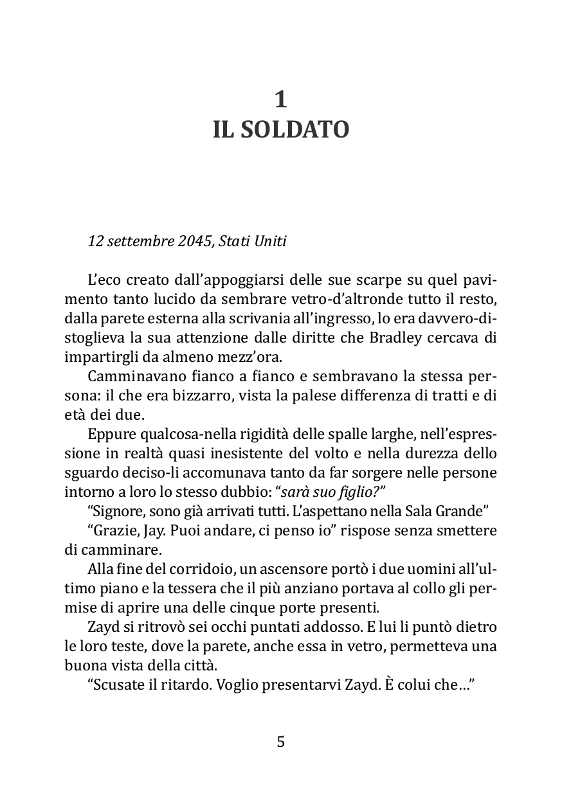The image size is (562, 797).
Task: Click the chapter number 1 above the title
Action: (x=281, y=100)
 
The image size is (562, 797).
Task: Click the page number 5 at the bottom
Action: (x=281, y=742)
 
